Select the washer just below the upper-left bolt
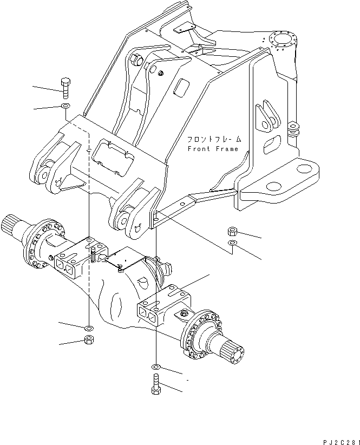[x=65, y=106]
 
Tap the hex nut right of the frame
[x=232, y=232]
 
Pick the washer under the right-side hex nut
[x=232, y=245]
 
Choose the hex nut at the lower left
[x=88, y=340]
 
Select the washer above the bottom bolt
[x=156, y=367]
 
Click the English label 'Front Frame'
[x=213, y=148]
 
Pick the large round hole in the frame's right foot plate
[x=273, y=186]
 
